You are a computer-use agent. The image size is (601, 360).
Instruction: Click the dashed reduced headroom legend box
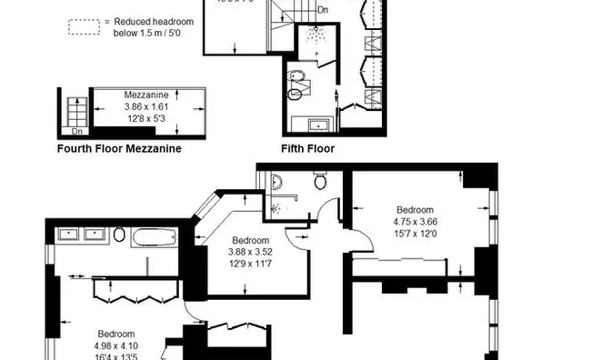[85, 25]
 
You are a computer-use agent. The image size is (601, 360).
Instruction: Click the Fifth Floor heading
[308, 148]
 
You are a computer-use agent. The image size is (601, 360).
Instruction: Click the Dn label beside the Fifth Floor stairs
[324, 10]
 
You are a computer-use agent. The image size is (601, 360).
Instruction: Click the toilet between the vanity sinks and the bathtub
[119, 235]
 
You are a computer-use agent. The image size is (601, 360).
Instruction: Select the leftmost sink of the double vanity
[68, 234]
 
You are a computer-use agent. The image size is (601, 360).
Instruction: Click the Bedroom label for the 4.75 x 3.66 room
[414, 209]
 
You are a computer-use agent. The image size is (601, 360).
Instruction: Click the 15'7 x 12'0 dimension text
[415, 232]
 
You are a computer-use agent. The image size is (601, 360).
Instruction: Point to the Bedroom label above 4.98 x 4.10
[116, 333]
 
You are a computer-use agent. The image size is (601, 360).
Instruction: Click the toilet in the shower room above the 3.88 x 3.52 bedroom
[320, 182]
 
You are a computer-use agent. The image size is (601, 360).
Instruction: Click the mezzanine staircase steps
[76, 110]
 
